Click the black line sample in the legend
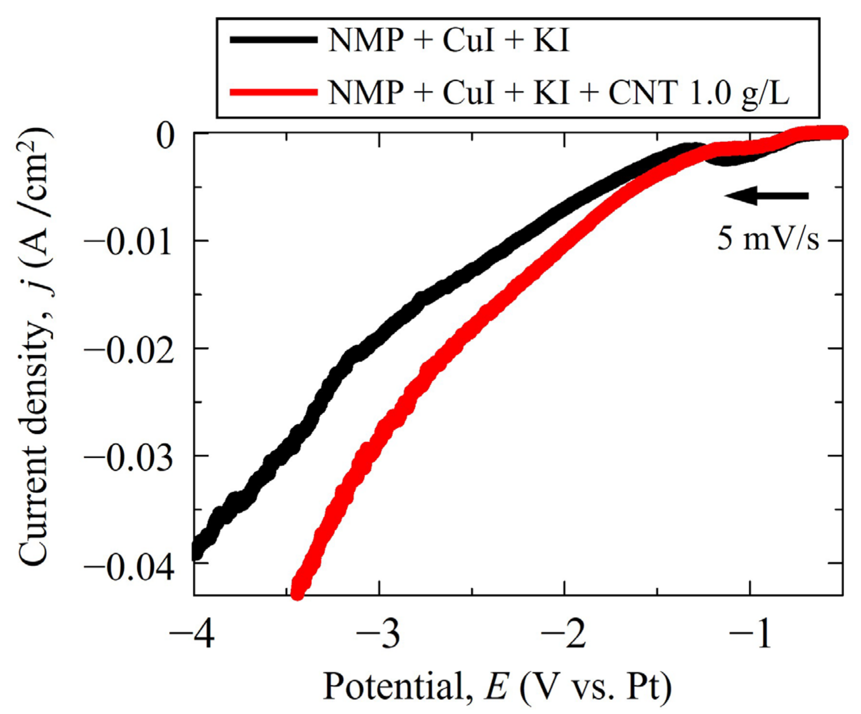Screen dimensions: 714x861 (274, 40)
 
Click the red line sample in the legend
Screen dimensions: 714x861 (274, 92)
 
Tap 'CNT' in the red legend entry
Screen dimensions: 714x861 (642, 93)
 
